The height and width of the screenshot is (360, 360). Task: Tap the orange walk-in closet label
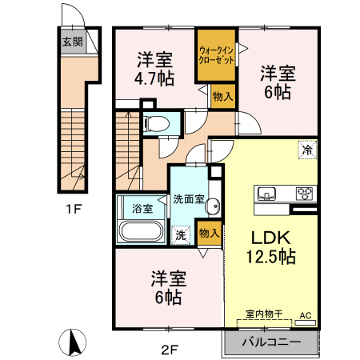pyautogui.click(x=216, y=54)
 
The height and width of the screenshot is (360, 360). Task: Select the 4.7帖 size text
pyautogui.click(x=154, y=78)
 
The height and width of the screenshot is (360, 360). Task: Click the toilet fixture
pyautogui.click(x=160, y=124)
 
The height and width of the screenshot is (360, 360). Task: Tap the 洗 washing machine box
pyautogui.click(x=181, y=235)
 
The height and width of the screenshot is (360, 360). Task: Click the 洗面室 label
pyautogui.click(x=190, y=199)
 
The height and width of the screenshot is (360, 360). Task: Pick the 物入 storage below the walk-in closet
pyautogui.click(x=222, y=95)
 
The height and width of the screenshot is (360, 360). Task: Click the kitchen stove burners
pyautogui.click(x=305, y=193)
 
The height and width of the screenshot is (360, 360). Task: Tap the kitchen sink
pyautogui.click(x=266, y=193)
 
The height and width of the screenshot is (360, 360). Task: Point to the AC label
pyautogui.click(x=306, y=315)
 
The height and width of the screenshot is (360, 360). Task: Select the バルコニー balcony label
pyautogui.click(x=271, y=342)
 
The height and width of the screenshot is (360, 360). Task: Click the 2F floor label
pyautogui.click(x=167, y=348)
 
